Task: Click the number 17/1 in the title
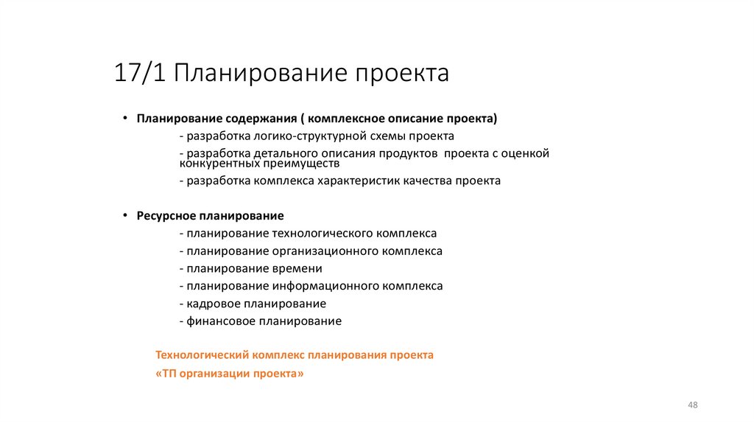pyautogui.click(x=141, y=74)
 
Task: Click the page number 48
pyautogui.click(x=692, y=405)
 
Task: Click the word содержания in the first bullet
pyautogui.click(x=260, y=118)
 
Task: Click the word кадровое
pyautogui.click(x=211, y=304)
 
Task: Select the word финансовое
pyautogui.click(x=220, y=321)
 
